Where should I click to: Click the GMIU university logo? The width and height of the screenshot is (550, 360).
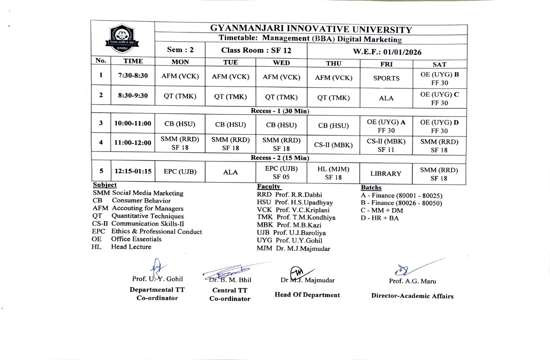coord(122,39)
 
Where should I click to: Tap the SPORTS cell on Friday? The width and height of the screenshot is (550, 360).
coord(386,78)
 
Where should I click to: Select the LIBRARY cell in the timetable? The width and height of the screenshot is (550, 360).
coord(386,174)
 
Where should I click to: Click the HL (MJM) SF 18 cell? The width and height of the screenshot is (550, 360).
coord(333,174)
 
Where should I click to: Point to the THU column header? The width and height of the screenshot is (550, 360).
coord(333,63)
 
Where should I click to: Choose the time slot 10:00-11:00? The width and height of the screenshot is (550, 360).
coord(133,123)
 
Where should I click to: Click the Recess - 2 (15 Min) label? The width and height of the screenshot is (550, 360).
coord(280,158)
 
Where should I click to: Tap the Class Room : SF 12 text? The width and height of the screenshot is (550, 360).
coord(256,50)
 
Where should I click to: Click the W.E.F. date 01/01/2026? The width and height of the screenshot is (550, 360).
coord(387,52)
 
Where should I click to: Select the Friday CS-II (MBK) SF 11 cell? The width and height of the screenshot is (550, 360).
coord(386,145)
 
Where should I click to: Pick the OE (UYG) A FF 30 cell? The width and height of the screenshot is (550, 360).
coord(386,126)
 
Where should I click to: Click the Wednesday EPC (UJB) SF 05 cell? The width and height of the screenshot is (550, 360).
coord(282,172)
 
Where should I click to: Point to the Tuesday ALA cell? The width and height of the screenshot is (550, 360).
coord(230,172)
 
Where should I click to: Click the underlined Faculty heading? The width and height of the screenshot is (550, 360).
coord(269,186)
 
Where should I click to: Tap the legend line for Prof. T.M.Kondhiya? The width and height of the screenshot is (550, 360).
coord(296,218)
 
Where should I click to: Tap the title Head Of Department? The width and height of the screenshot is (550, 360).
coord(307,295)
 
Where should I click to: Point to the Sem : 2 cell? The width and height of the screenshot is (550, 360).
coord(180,50)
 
